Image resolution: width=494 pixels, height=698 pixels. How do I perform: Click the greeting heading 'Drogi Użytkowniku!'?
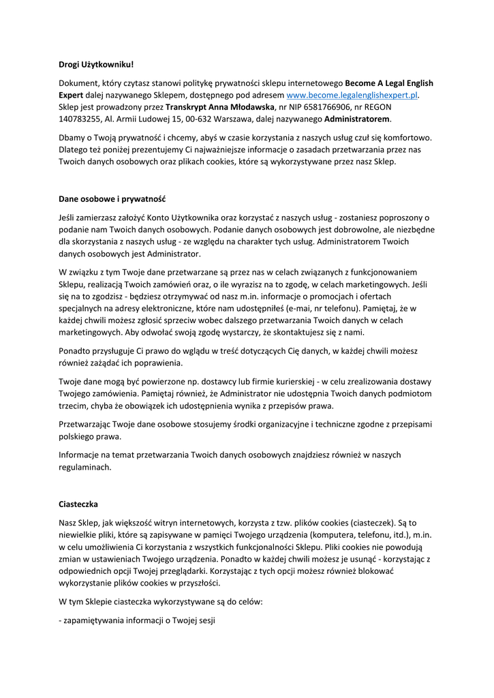pyautogui.click(x=96, y=65)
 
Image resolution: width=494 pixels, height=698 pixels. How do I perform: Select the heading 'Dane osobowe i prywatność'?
pyautogui.click(x=112, y=200)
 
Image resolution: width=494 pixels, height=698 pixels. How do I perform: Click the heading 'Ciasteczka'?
pyautogui.click(x=78, y=504)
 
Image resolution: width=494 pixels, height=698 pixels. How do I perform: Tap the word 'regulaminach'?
pyautogui.click(x=84, y=468)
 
